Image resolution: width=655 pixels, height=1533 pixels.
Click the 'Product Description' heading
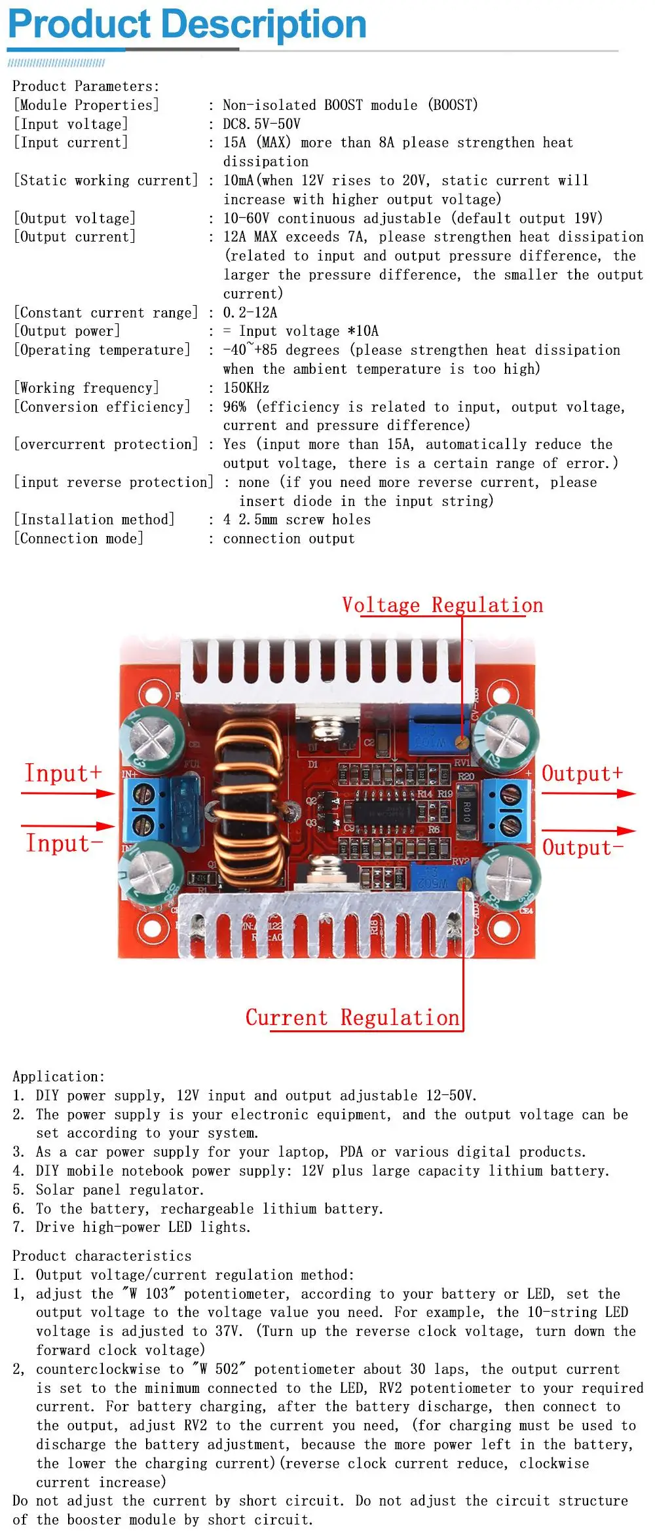tap(187, 24)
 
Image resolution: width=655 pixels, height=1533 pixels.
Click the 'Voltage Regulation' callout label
tap(443, 605)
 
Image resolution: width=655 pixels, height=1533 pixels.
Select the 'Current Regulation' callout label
tap(352, 1017)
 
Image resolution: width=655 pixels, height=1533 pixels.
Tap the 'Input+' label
tap(64, 773)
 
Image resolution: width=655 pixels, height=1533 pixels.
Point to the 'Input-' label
tap(64, 843)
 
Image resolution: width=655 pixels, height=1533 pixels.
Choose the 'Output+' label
tap(582, 774)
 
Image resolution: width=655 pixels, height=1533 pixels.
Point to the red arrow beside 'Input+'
tap(68, 794)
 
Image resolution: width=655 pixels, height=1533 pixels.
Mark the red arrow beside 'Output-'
tap(589, 831)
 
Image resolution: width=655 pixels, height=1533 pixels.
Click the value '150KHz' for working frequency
tap(246, 388)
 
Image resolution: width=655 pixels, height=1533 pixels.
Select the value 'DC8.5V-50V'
tap(261, 124)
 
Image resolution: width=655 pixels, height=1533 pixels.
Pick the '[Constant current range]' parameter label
tap(105, 313)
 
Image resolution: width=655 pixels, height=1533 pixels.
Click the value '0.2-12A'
tap(250, 313)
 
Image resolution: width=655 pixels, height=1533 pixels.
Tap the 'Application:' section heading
tap(58, 1077)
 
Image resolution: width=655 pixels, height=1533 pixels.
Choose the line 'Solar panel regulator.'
tap(120, 1189)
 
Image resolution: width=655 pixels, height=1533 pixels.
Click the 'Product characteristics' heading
tap(102, 1255)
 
